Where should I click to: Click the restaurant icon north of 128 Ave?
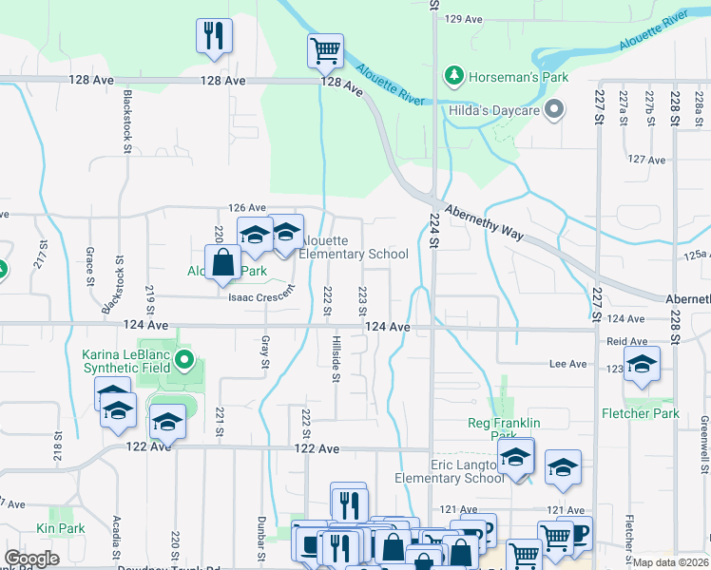point(214,35)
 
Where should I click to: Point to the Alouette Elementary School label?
point(354,247)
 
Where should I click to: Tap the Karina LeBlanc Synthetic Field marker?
point(186,360)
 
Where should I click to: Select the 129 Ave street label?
point(464,19)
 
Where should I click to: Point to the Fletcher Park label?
point(641,413)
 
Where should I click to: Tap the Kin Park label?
point(60,528)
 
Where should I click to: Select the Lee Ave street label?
point(568,364)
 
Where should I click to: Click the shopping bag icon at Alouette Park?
point(222,262)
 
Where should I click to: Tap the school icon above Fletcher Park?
point(642,364)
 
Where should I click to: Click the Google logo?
point(31,558)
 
